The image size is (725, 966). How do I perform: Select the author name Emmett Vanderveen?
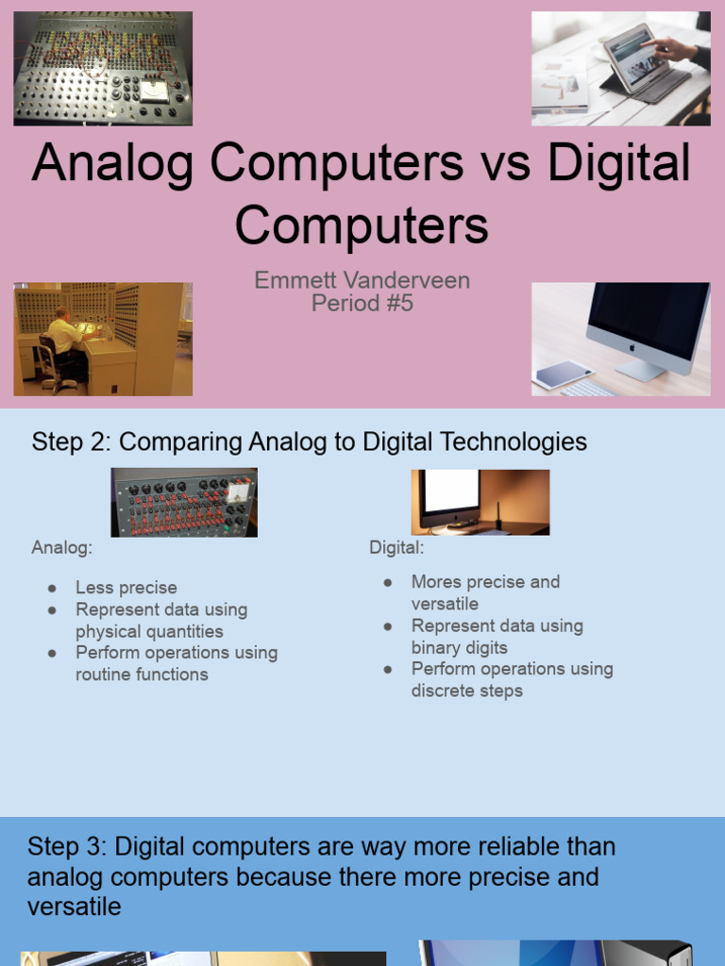click(362, 280)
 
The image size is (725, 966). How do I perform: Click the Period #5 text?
click(362, 303)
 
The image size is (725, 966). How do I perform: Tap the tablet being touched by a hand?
click(634, 58)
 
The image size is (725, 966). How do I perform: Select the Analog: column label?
click(61, 547)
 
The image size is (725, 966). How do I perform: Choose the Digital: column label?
click(396, 547)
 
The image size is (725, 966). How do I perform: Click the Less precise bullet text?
click(126, 588)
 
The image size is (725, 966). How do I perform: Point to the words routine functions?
click(142, 675)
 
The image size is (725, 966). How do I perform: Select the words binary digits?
click(459, 648)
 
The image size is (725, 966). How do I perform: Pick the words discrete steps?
click(466, 691)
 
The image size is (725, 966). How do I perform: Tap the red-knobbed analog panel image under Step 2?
click(184, 502)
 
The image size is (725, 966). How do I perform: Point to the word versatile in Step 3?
click(75, 908)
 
